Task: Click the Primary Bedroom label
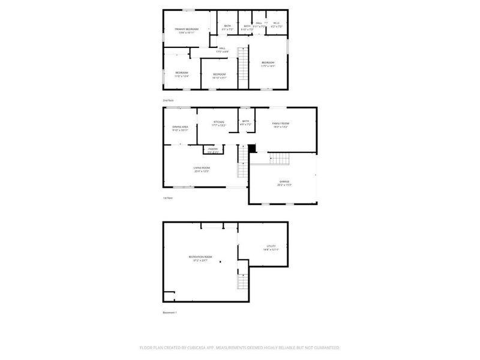(187, 29)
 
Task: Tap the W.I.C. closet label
(276, 24)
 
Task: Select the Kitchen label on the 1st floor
(218, 122)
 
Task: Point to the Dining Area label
(181, 127)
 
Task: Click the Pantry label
(212, 149)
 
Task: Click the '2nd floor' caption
(168, 100)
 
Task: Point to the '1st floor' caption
(168, 197)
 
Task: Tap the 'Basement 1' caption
(170, 313)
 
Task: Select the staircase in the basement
(243, 282)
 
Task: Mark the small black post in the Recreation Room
(220, 262)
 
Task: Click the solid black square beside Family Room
(252, 148)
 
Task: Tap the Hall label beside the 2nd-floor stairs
(222, 49)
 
